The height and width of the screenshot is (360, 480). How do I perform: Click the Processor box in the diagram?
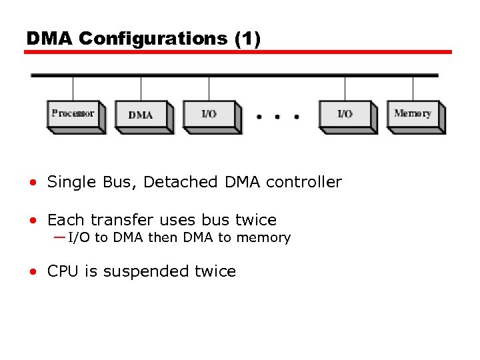(x=73, y=114)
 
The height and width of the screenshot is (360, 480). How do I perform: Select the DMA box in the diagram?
(x=141, y=115)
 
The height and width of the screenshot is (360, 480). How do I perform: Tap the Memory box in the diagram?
(x=413, y=114)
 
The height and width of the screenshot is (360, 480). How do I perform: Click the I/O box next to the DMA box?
(x=209, y=115)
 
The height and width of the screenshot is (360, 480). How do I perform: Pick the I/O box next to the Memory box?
(x=345, y=115)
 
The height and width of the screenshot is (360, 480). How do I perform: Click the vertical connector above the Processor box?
(x=73, y=88)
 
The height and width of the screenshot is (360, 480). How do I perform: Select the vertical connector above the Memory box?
(x=413, y=88)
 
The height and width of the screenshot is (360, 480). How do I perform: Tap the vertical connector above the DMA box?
(x=141, y=88)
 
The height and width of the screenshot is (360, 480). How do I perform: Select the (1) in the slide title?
(x=247, y=39)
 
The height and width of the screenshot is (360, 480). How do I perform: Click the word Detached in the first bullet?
(x=182, y=182)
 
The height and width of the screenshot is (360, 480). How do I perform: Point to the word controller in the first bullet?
(x=303, y=182)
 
